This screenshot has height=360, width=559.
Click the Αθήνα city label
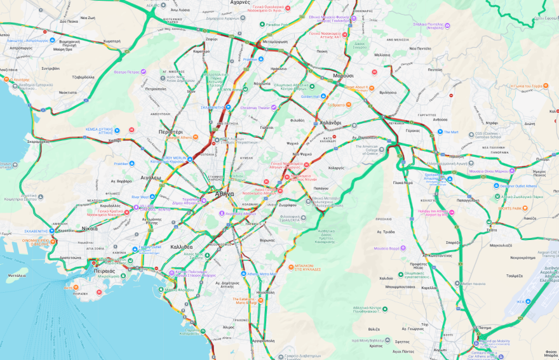(x=224, y=194)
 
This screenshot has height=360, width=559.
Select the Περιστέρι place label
(x=171, y=132)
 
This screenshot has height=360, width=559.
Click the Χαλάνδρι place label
(x=330, y=123)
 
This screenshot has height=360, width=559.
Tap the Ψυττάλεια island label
(x=17, y=276)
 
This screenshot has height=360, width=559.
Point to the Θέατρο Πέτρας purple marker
(x=144, y=72)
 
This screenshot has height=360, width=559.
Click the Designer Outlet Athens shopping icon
(x=497, y=186)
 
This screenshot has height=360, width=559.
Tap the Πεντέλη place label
(x=434, y=69)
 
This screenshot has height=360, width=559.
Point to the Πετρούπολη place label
(x=156, y=90)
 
